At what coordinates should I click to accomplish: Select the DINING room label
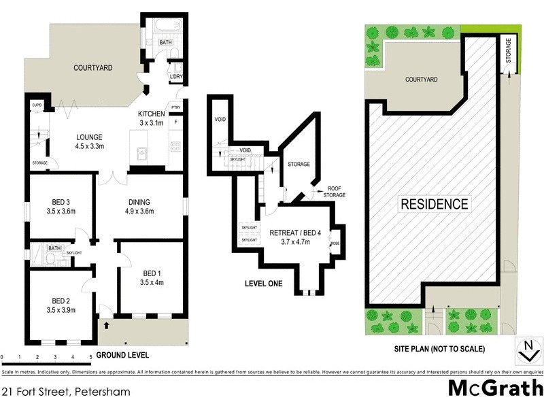139,202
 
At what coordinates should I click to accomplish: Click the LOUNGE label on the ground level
90,135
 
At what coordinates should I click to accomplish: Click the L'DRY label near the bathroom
175,77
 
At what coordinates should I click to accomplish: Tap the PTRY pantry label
175,107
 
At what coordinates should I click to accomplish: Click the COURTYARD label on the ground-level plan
92,68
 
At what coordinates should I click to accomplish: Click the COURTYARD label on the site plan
421,80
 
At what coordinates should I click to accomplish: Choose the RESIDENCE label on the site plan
434,203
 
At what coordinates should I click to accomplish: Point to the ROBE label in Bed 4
335,243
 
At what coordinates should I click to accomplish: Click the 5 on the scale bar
90,356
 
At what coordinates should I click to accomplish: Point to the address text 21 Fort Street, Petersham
65,392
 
